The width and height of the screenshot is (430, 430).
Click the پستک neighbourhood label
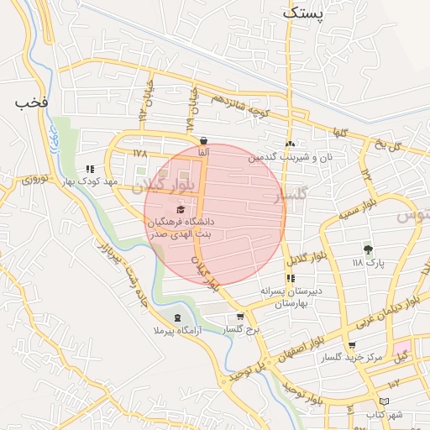click(x=302, y=13)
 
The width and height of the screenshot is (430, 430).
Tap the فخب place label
click(x=33, y=102)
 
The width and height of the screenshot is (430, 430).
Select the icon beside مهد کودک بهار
click(x=90, y=170)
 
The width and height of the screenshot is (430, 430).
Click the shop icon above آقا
click(x=203, y=140)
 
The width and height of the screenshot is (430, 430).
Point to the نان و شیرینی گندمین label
click(x=291, y=157)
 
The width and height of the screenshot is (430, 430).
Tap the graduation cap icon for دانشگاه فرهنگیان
click(x=181, y=209)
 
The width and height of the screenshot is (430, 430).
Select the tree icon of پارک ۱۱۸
click(x=367, y=249)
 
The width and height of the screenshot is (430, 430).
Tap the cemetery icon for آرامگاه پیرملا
click(x=177, y=317)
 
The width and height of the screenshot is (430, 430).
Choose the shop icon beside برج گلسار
click(x=241, y=317)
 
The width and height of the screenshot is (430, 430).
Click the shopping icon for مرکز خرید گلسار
click(x=351, y=345)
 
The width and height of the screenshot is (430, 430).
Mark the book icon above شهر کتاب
click(x=385, y=402)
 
